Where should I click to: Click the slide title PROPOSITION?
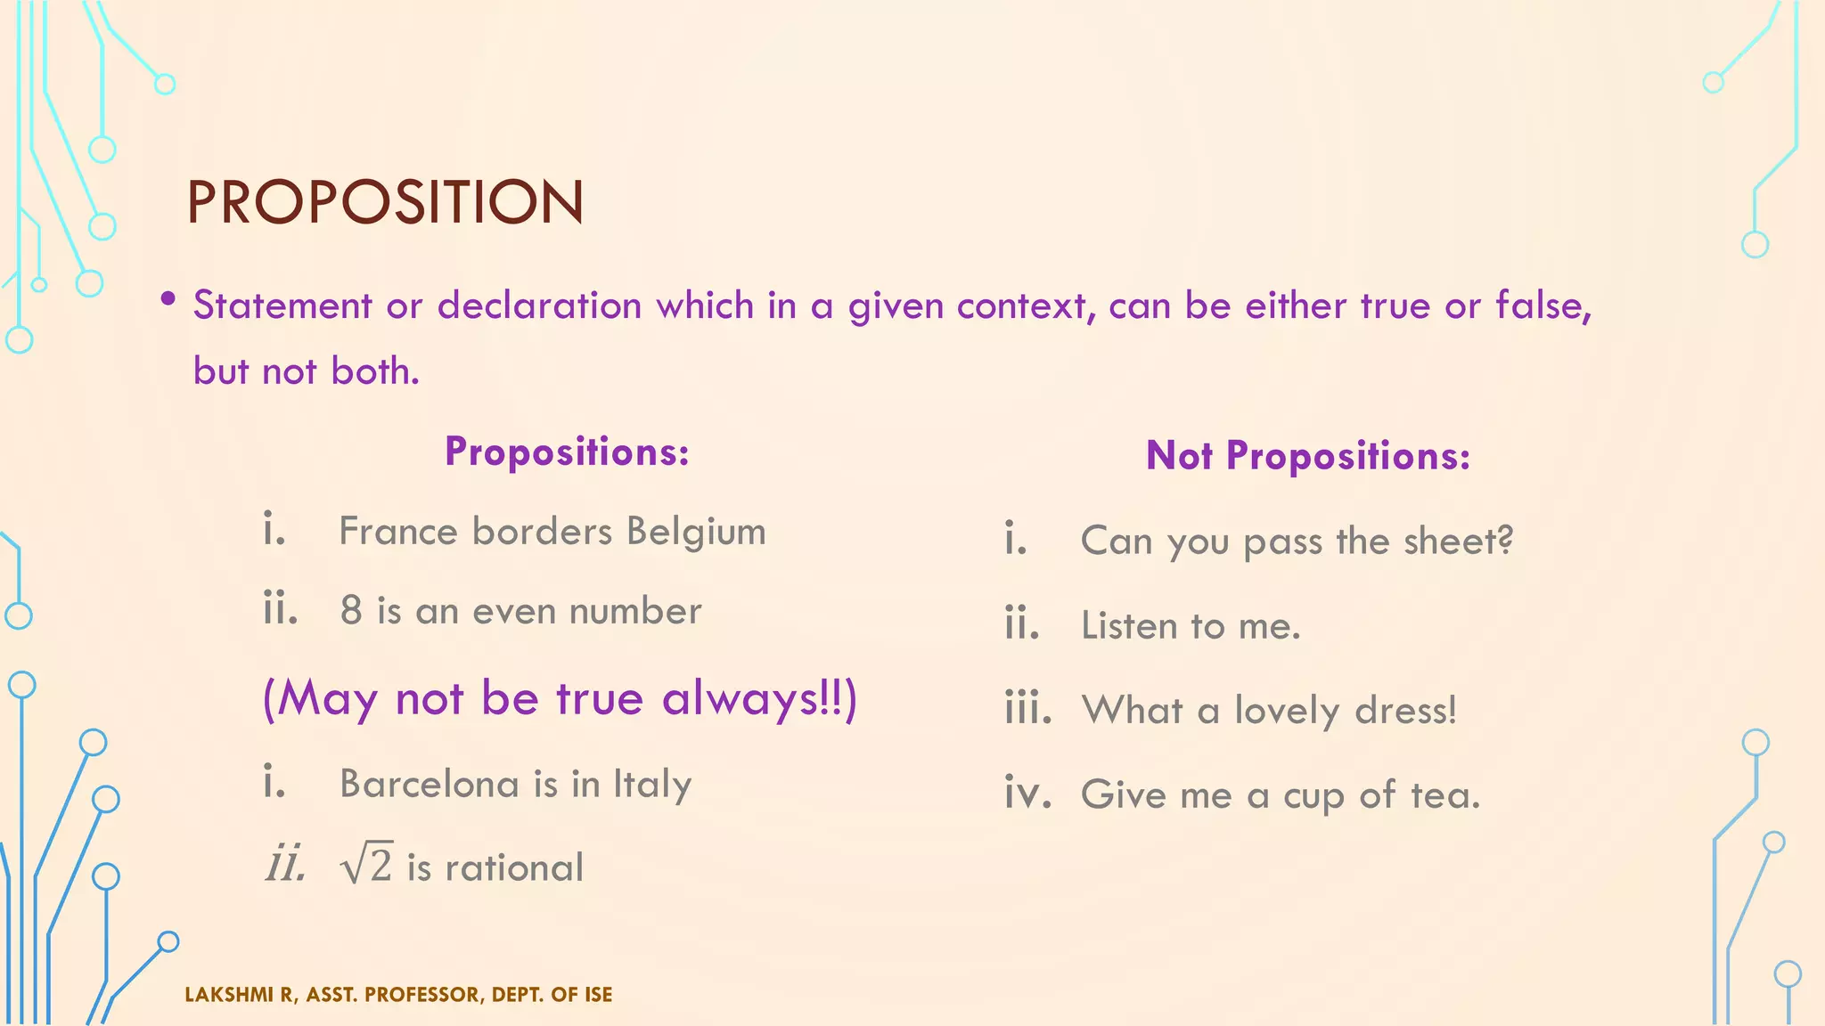click(385, 202)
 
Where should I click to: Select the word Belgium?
click(695, 533)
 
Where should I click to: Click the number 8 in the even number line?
click(351, 611)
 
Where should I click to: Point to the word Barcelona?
click(429, 784)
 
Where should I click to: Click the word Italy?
click(651, 785)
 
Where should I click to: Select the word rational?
click(514, 867)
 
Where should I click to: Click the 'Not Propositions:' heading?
click(1307, 456)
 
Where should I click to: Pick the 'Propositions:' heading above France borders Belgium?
click(567, 452)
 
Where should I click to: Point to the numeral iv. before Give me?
click(1027, 793)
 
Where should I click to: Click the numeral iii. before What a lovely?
click(1027, 708)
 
